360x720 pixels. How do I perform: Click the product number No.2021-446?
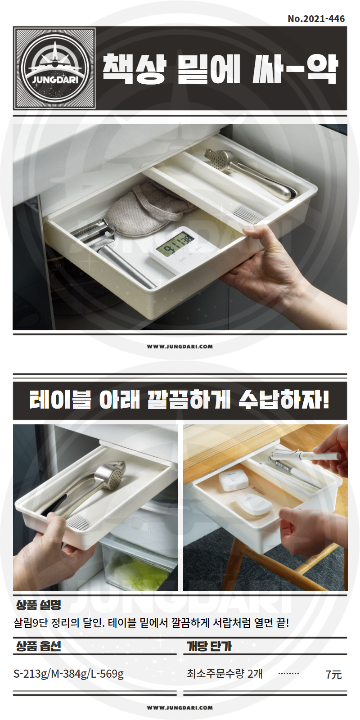coord(316,18)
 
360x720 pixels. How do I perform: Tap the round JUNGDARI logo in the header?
coord(54,68)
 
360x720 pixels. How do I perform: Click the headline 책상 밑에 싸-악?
coord(220,68)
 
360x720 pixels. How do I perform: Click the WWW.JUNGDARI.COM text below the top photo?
coord(180,346)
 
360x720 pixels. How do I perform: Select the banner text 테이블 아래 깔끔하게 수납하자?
coord(180,400)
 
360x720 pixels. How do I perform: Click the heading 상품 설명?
coord(39,605)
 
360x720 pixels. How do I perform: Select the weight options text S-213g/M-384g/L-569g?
coord(68,674)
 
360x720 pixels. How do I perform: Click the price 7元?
coord(333,674)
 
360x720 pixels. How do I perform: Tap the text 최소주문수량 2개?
coord(225,673)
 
